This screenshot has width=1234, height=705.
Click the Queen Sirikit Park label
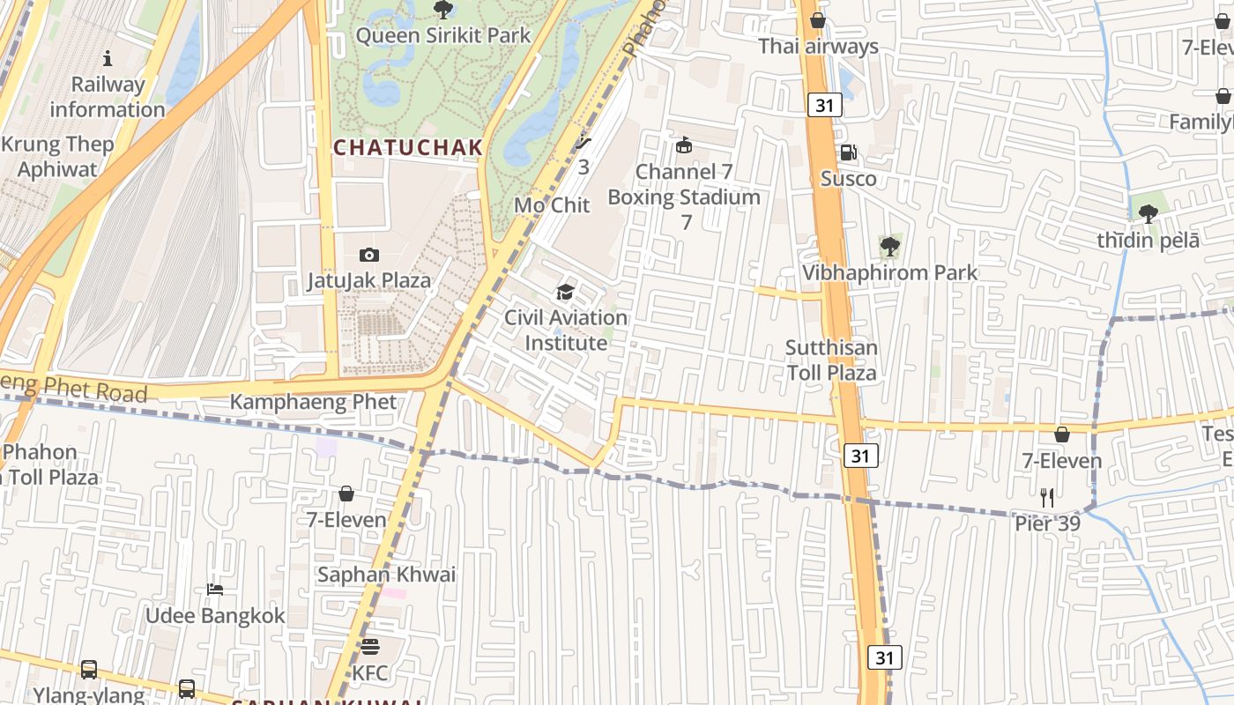(442, 35)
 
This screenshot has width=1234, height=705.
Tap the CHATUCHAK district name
(408, 147)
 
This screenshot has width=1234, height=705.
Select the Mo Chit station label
(552, 204)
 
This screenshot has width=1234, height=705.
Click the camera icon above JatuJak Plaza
(369, 256)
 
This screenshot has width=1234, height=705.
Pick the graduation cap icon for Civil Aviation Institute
(565, 292)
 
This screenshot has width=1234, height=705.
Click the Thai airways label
(818, 46)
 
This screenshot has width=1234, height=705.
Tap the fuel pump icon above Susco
(848, 153)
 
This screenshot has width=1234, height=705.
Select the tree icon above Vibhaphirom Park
(890, 247)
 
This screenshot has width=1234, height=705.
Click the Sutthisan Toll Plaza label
(831, 360)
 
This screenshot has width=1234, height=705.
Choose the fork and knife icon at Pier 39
(1046, 498)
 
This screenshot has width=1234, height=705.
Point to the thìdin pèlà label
(1148, 241)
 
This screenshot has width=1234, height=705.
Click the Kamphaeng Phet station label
(313, 402)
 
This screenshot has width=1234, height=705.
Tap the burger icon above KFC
(370, 647)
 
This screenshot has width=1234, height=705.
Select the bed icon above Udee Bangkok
(215, 589)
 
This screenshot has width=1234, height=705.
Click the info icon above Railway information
(108, 59)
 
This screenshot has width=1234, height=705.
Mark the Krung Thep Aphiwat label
(57, 156)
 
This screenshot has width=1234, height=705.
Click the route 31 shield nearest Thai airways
(824, 106)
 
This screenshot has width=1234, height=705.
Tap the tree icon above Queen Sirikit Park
(442, 10)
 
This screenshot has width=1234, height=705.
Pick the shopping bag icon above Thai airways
(818, 20)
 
